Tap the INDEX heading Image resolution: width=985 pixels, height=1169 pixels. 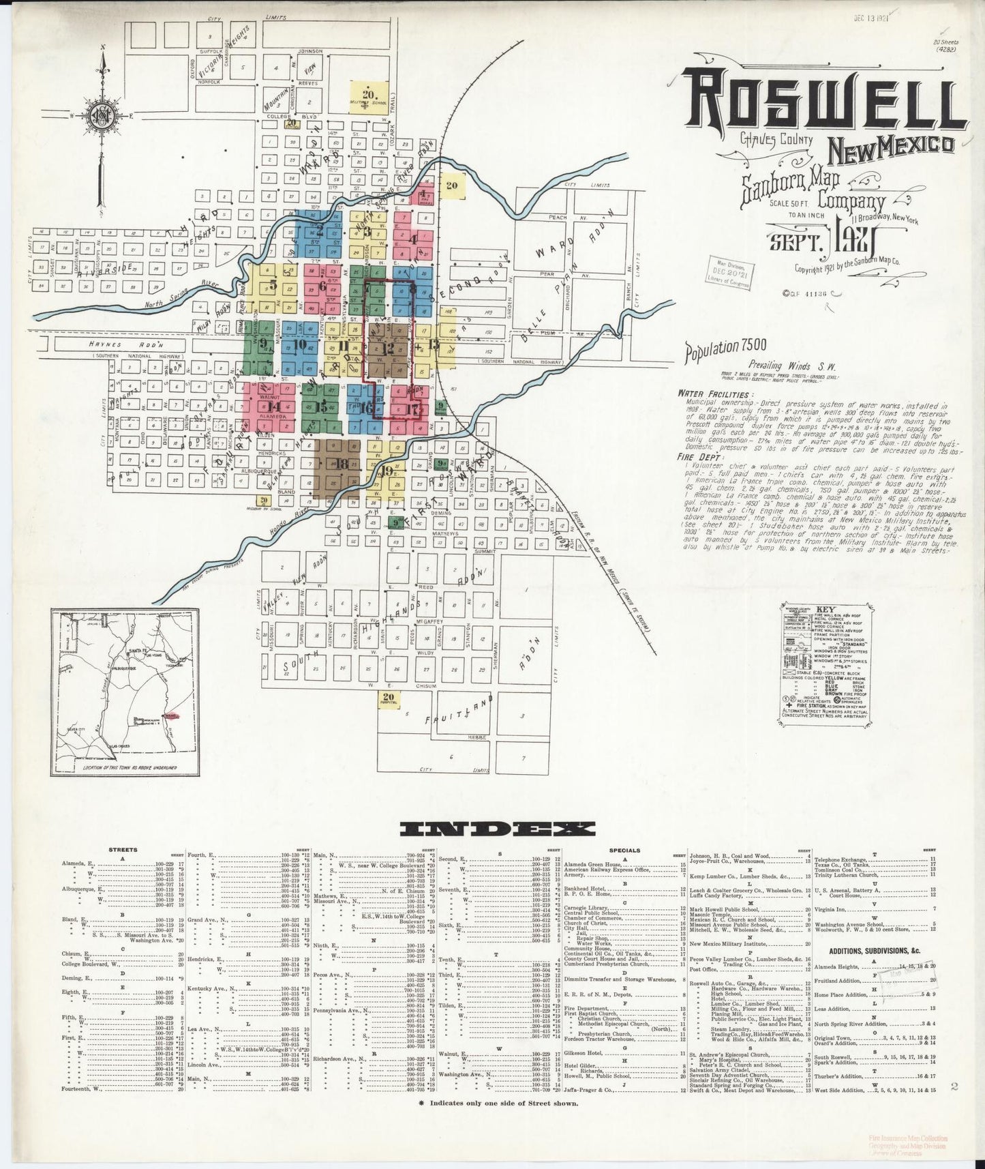click(497, 829)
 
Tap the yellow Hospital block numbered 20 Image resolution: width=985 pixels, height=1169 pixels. click(389, 697)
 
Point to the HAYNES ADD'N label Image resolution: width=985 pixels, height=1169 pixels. click(119, 344)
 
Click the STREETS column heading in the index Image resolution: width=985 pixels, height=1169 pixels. click(123, 850)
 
